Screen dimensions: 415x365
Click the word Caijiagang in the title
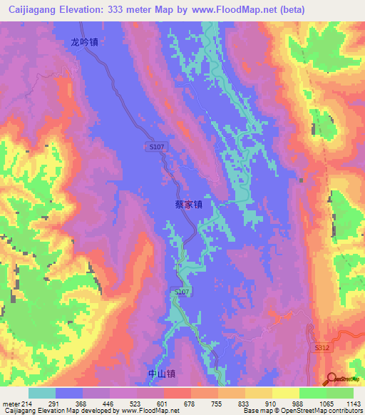[29, 10]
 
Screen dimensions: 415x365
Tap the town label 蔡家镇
[189, 204]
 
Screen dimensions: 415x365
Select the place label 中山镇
[161, 374]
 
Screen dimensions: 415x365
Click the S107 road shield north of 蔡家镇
[158, 146]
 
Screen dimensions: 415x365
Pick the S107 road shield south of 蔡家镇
[182, 292]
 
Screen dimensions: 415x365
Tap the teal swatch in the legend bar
[42, 393]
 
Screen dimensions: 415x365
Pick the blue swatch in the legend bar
[69, 393]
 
